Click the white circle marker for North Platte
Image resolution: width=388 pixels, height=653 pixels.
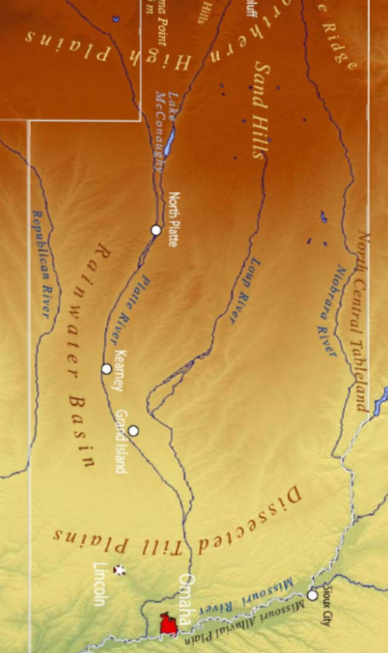click(x=156, y=230)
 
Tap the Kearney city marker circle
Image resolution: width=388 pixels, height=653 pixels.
click(x=107, y=369)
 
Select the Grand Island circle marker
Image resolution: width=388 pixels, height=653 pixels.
click(x=134, y=431)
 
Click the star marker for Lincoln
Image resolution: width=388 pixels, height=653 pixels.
click(x=120, y=570)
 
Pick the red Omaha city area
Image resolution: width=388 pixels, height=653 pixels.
click(x=169, y=624)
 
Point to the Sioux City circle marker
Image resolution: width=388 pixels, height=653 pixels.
click(x=312, y=595)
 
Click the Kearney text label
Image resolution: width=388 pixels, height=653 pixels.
click(x=120, y=371)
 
